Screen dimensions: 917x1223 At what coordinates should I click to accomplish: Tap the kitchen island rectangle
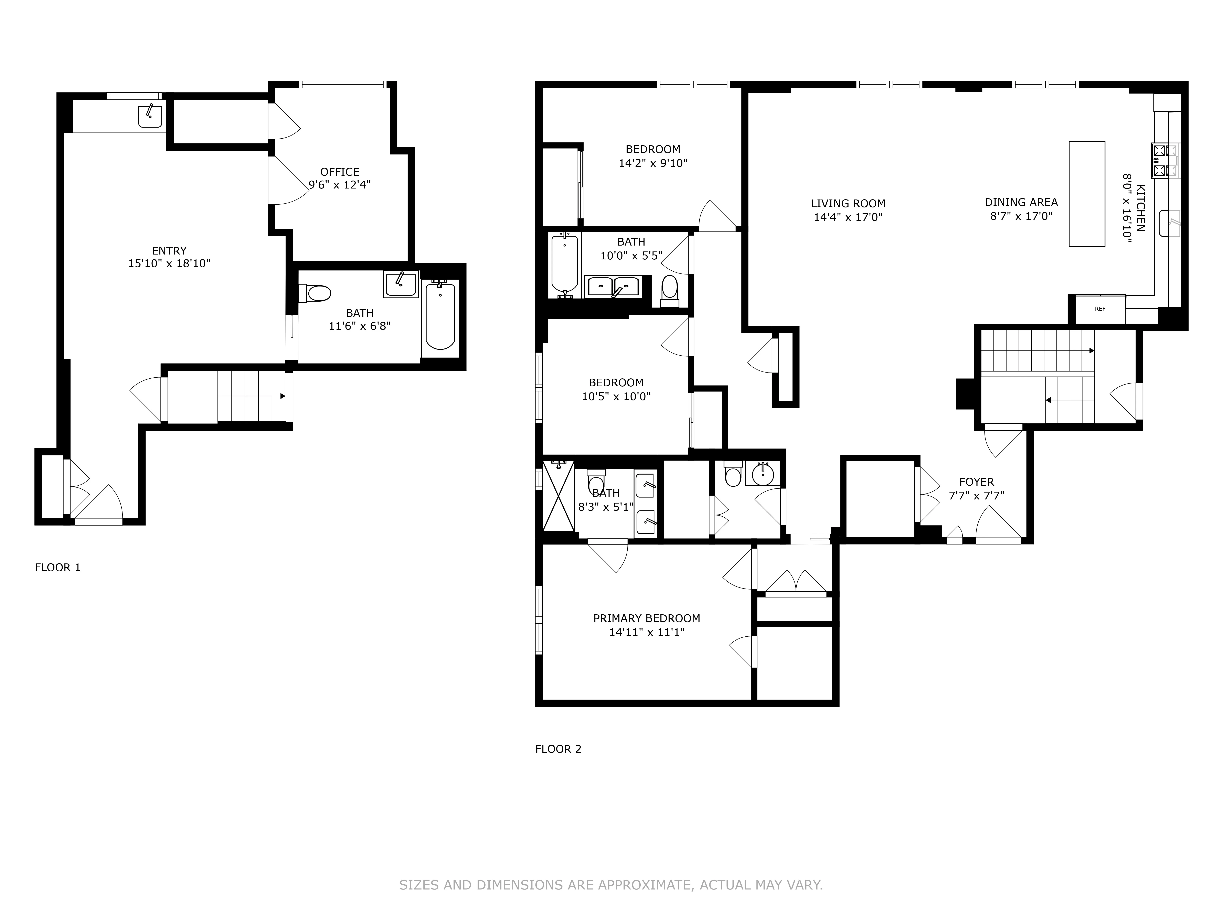pyautogui.click(x=1086, y=193)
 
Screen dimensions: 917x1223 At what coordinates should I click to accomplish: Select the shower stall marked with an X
pyautogui.click(x=559, y=496)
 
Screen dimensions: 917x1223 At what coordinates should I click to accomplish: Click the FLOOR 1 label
pyautogui.click(x=57, y=567)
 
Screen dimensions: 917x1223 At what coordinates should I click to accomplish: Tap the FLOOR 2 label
pyautogui.click(x=558, y=749)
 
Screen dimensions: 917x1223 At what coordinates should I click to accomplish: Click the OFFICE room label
pyautogui.click(x=339, y=172)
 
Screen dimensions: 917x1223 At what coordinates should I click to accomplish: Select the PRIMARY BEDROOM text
pyautogui.click(x=646, y=618)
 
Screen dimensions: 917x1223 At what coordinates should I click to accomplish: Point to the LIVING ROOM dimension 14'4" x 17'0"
pyautogui.click(x=848, y=217)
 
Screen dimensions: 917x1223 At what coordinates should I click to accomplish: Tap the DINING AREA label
pyautogui.click(x=1021, y=202)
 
